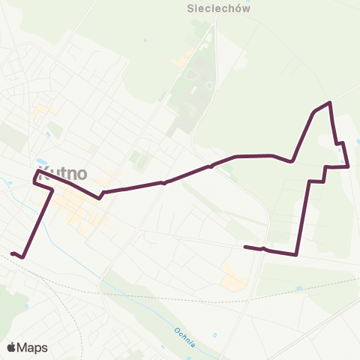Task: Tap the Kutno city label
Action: [x=61, y=173]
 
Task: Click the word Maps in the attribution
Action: [x=33, y=347]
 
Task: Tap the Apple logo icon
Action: [x=11, y=347]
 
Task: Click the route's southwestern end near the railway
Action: [x=13, y=253]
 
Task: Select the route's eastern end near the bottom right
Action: [x=246, y=247]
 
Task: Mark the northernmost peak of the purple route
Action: [x=329, y=103]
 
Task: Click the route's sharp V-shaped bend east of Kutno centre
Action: [x=100, y=198]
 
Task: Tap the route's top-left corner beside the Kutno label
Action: [x=36, y=172]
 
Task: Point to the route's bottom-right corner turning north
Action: [x=297, y=254]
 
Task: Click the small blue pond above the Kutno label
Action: [x=48, y=134]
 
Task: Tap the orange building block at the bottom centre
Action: [x=233, y=277]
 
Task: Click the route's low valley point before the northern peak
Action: [x=292, y=160]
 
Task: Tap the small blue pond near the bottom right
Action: [x=300, y=288]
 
